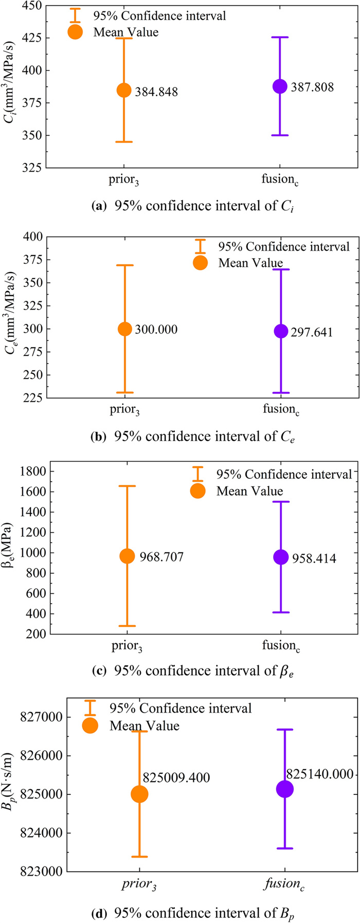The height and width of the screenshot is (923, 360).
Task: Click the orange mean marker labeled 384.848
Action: pos(124,90)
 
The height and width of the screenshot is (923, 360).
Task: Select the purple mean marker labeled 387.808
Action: pos(280,86)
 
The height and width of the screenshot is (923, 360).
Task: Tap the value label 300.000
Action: pos(156,330)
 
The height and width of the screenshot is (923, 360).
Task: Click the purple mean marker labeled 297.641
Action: pos(281,331)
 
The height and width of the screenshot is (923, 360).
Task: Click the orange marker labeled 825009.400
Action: pos(139,794)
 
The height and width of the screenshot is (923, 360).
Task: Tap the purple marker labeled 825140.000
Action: pos(284,789)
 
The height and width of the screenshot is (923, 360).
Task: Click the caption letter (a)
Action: pos(97,206)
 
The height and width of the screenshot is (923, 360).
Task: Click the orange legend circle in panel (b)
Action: pos(200,263)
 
